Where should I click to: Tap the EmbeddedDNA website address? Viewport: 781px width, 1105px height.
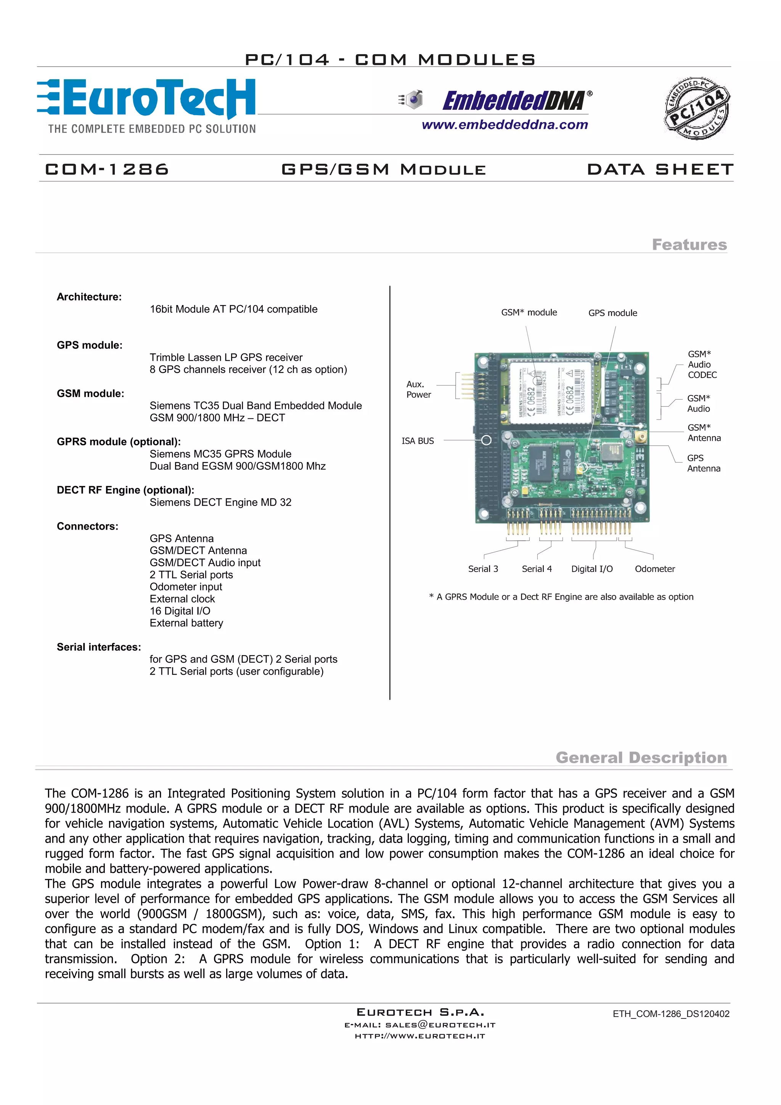(505, 125)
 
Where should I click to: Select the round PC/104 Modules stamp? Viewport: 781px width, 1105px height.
(697, 108)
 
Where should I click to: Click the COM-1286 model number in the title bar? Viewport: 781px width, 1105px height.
(107, 169)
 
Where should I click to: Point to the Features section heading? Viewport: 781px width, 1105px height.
(689, 244)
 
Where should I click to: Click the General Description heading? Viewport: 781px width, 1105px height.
(641, 758)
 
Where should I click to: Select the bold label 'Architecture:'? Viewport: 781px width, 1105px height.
(89, 297)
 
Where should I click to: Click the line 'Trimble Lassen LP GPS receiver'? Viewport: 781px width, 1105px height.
(226, 357)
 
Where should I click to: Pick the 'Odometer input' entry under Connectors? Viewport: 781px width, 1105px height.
(186, 587)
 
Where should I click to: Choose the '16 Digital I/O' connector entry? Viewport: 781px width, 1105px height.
(180, 611)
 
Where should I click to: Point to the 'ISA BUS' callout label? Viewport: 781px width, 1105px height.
(418, 441)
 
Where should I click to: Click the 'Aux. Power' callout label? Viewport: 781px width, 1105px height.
(418, 389)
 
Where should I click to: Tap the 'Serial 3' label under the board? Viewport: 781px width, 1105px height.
(483, 569)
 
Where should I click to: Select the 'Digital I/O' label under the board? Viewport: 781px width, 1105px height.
(592, 569)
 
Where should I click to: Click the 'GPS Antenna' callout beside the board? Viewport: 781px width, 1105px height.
(704, 463)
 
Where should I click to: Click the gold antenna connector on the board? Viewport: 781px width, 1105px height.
(641, 437)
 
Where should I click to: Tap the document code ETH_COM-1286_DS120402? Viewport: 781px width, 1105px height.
(671, 1013)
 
